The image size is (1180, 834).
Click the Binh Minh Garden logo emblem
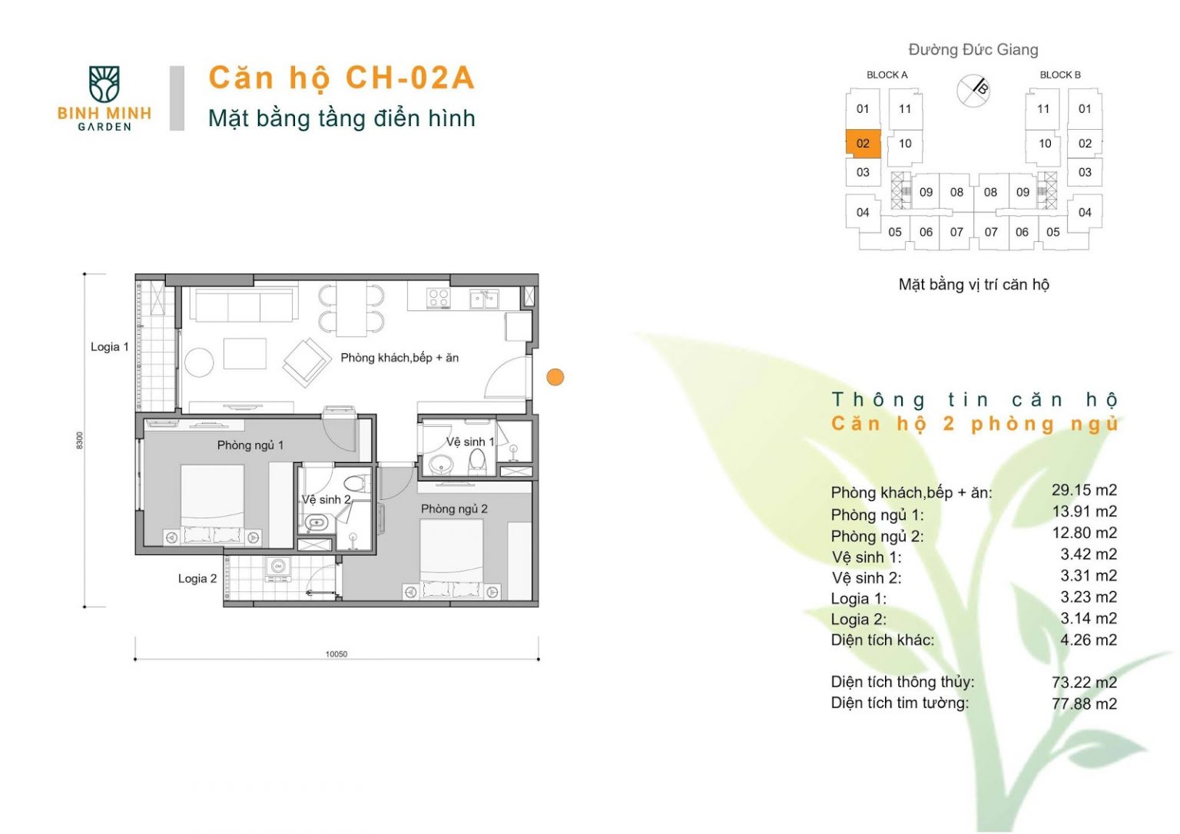(x=104, y=84)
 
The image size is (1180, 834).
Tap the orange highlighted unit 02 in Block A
(x=863, y=143)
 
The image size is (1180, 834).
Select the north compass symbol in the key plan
(x=973, y=91)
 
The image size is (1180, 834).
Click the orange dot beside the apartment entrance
(x=555, y=377)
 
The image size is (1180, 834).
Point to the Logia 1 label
(x=110, y=347)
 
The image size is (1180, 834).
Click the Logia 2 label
(x=197, y=578)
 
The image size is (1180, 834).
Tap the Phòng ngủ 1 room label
(x=250, y=445)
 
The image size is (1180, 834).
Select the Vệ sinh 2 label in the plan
(x=326, y=500)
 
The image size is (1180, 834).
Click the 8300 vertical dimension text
(x=80, y=440)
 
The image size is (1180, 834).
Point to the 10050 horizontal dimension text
(x=336, y=654)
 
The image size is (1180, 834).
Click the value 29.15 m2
(x=1084, y=490)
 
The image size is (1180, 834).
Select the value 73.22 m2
(x=1084, y=683)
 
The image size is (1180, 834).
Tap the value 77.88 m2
(x=1084, y=703)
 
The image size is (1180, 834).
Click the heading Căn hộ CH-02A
(x=342, y=78)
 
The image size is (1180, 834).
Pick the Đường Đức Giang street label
(x=973, y=50)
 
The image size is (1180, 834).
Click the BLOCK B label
(x=1060, y=74)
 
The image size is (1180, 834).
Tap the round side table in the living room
(x=199, y=362)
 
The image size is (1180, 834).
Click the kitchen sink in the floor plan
(x=484, y=299)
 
